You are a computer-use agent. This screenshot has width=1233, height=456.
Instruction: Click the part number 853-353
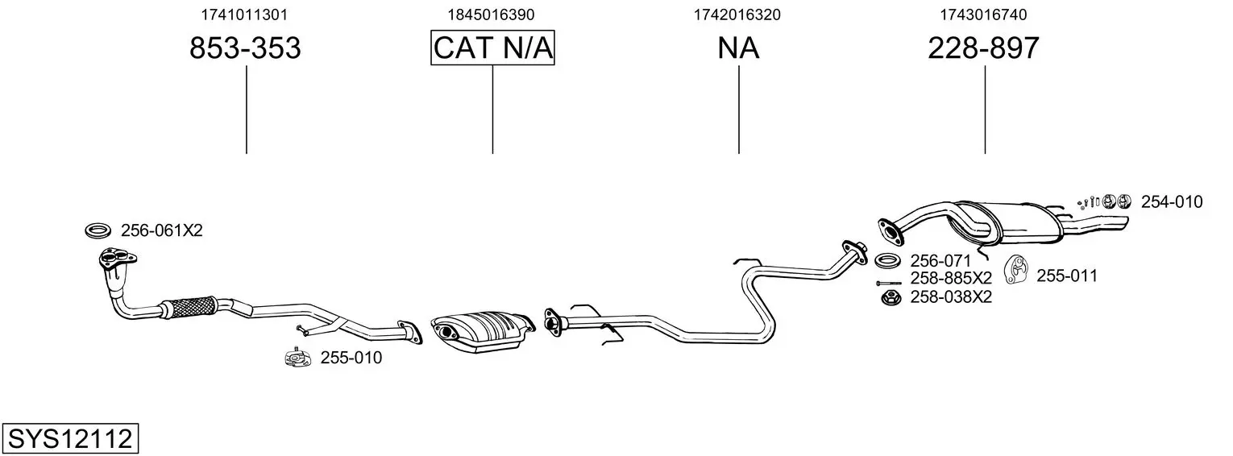pos(245,48)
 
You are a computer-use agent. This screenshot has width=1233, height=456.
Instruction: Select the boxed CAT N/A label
pos(492,48)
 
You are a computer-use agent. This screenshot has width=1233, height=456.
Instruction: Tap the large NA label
pos(738,48)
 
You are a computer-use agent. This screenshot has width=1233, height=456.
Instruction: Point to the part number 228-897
pos(983,48)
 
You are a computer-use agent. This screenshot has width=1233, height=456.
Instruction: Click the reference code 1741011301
pos(244,15)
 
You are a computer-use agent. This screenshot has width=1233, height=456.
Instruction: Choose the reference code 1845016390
pos(491,15)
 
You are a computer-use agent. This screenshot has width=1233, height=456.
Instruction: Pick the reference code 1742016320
pos(737,15)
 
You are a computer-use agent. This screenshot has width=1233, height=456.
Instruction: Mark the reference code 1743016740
pos(983,15)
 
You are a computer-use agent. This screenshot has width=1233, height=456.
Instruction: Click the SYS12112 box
pos(70,438)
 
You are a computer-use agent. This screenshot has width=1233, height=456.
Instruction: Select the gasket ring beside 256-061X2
pos(98,231)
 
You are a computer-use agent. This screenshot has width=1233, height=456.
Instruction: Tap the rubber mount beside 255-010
pos(298,358)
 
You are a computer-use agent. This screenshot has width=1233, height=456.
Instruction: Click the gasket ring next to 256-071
pos(887,260)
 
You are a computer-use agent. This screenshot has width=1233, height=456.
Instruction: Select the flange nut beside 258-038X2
pos(890,298)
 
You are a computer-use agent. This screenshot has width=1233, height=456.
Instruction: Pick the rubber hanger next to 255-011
pos(1017,271)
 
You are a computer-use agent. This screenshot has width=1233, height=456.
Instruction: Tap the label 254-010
pos(1172,202)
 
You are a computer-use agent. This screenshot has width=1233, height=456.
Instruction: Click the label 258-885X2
pos(951,278)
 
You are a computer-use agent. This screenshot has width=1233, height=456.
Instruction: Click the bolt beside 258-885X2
pos(888,284)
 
